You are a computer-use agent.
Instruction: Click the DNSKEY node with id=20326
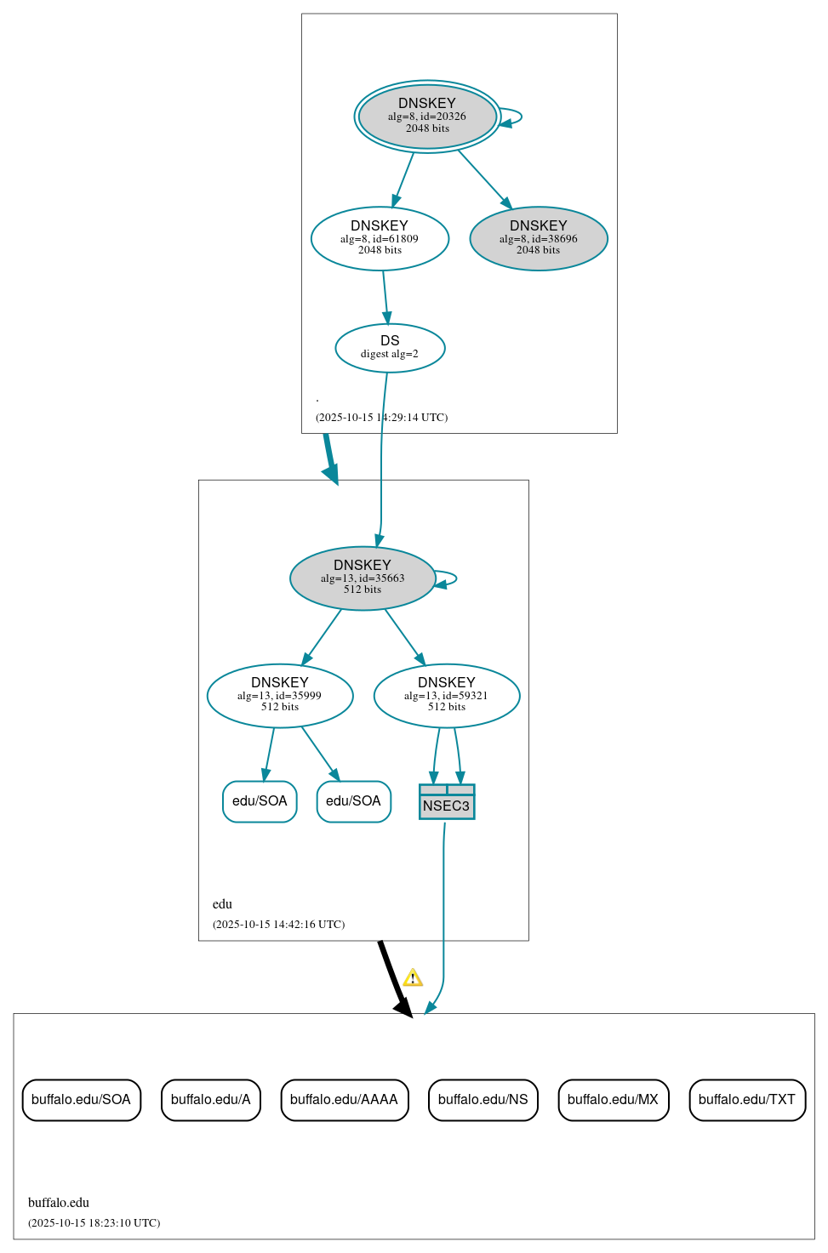pos(427,117)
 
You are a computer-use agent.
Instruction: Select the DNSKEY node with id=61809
pos(380,238)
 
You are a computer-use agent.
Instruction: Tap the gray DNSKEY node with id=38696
pos(538,238)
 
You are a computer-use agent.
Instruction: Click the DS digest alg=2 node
pos(390,348)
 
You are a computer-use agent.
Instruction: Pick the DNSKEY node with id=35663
pos(363,578)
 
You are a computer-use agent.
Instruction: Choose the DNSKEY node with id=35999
pos(280,695)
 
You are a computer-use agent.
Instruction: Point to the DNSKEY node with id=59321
pos(447,695)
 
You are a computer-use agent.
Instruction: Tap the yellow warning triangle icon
pos(413,977)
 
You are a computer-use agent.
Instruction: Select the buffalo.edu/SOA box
pos(81,1100)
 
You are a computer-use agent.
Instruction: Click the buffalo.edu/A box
pos(210,1100)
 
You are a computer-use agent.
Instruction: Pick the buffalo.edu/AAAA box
pos(344,1100)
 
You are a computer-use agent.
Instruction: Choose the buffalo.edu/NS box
pos(483,1100)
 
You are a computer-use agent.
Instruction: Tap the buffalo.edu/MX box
pos(613,1100)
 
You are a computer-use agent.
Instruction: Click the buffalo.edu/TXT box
pos(746,1100)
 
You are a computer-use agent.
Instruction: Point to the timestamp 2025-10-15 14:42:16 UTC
pos(279,925)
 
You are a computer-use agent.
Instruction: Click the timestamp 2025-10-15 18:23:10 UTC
pos(94,1223)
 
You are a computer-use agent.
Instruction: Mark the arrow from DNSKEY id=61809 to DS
pos(385,297)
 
